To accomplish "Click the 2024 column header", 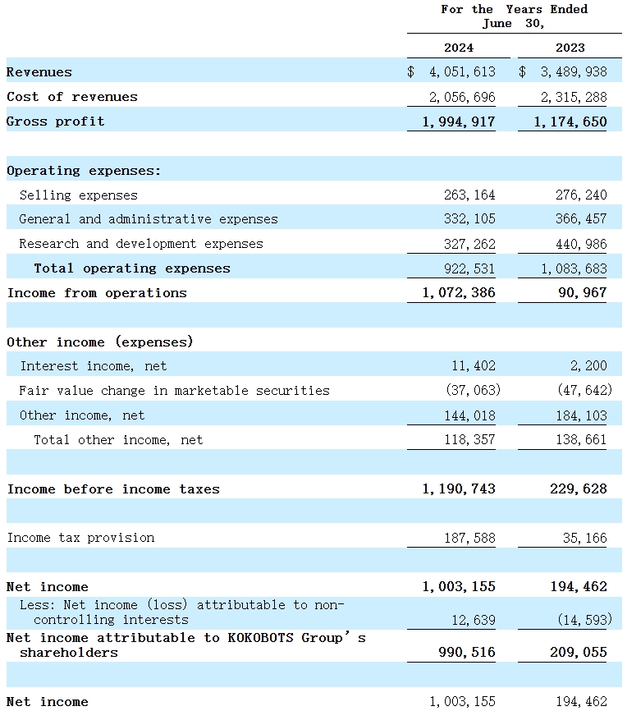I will [x=459, y=48].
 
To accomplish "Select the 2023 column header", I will [x=570, y=48].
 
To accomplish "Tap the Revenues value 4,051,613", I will [x=461, y=72].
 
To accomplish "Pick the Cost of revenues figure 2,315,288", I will [x=574, y=97].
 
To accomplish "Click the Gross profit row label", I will [x=56, y=122].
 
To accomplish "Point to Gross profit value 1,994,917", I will [x=459, y=122].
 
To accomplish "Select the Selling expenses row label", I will [x=79, y=195].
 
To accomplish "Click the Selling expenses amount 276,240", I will [x=581, y=195].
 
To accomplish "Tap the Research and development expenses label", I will [x=141, y=244].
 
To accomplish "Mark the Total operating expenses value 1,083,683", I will [x=574, y=268].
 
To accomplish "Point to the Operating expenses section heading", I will [x=84, y=171].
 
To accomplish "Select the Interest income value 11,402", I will [x=473, y=366].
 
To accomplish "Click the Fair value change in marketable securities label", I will [x=174, y=391].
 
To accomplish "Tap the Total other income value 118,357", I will [x=469, y=440].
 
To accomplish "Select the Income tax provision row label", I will [x=80, y=538].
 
